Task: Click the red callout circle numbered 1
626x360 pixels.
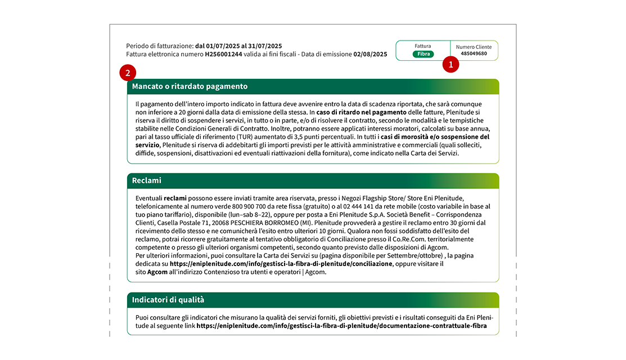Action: (x=451, y=65)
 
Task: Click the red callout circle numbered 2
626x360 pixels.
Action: (x=128, y=73)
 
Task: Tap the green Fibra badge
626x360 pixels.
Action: (x=423, y=54)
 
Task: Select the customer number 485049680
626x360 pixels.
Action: (x=474, y=54)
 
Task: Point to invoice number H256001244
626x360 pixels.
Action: (x=223, y=55)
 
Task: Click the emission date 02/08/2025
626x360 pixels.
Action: (x=370, y=55)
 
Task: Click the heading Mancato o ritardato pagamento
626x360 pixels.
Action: (x=190, y=87)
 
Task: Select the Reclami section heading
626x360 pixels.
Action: (x=147, y=181)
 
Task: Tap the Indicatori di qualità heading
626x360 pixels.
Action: (x=168, y=300)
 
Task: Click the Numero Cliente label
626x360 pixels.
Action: (x=474, y=47)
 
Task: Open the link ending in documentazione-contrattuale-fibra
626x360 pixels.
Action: (x=341, y=326)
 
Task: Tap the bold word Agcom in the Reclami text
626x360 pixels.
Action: (x=157, y=272)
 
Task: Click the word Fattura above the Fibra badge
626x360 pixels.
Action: (x=423, y=46)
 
